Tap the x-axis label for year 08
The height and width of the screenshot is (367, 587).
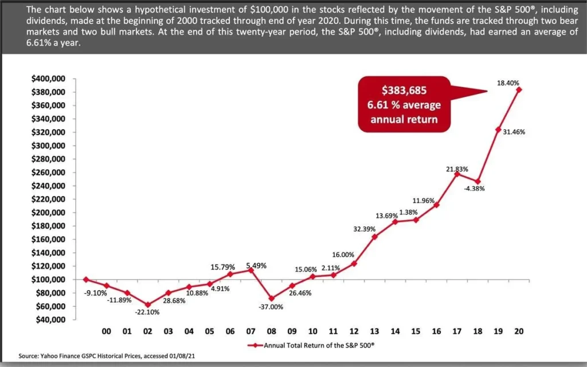(271, 331)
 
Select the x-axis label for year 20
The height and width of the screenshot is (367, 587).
(519, 331)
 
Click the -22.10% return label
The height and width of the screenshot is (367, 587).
(148, 313)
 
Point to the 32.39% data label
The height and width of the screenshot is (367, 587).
(364, 229)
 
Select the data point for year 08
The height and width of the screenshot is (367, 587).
(271, 298)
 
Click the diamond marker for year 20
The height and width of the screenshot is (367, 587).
(519, 89)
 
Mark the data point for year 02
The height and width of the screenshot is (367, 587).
(148, 305)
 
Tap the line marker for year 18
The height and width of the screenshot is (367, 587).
(478, 181)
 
